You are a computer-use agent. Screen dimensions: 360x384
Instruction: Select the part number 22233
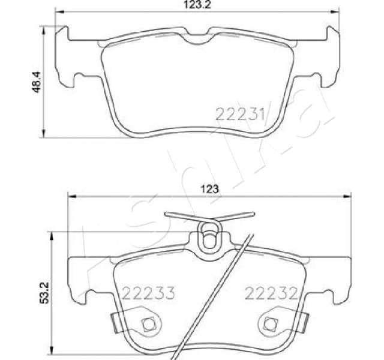pyautogui.click(x=148, y=293)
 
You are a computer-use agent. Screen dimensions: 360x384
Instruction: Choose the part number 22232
pyautogui.click(x=271, y=293)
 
